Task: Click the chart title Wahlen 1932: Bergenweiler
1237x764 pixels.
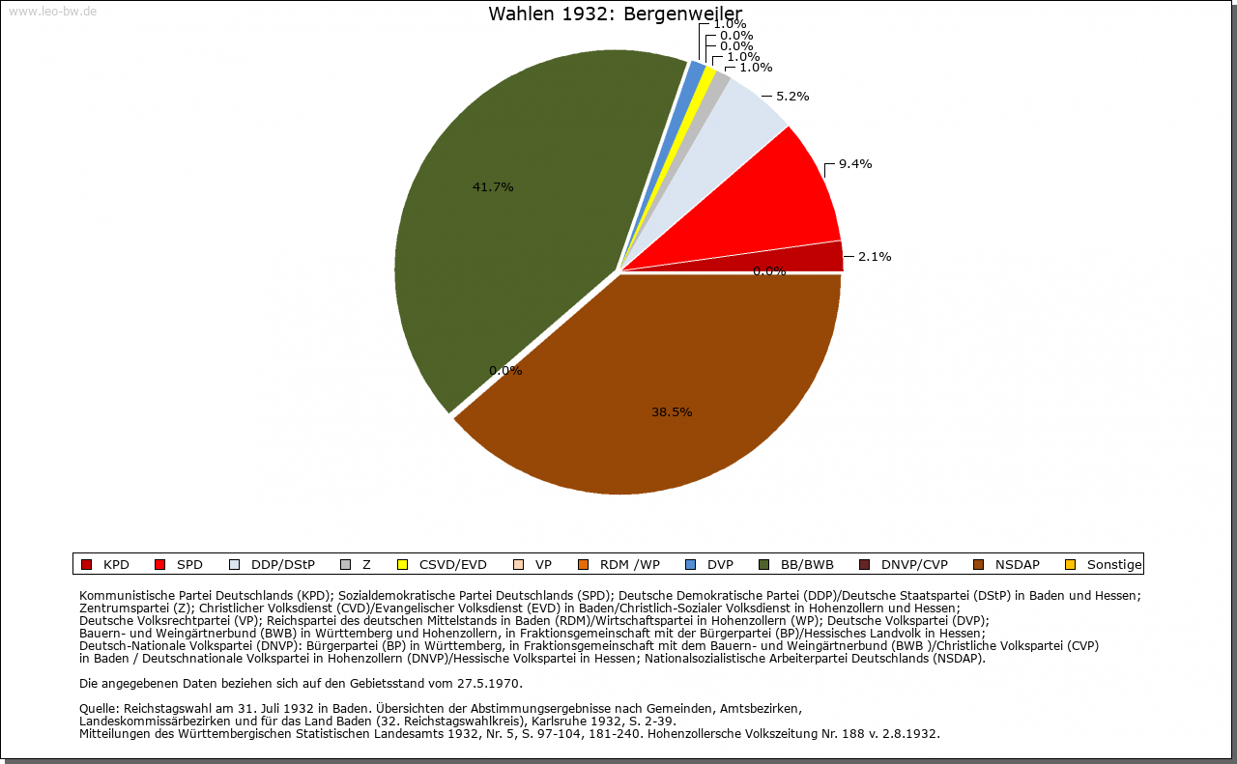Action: [x=616, y=14]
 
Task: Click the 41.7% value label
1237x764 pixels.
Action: [x=492, y=186]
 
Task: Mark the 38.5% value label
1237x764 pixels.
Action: [x=672, y=411]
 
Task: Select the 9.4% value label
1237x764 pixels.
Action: [x=855, y=163]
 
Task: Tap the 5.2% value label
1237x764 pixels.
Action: [x=792, y=96]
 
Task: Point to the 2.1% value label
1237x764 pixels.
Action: [x=875, y=256]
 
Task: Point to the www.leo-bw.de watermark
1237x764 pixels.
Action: [x=52, y=12]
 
